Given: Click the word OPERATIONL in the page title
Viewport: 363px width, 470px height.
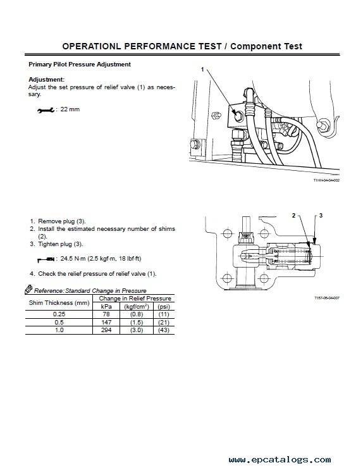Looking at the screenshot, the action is (x=92, y=46).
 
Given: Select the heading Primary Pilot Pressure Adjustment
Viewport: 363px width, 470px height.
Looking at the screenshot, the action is (x=80, y=64).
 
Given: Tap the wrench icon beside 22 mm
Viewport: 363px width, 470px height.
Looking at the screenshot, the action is (x=46, y=110).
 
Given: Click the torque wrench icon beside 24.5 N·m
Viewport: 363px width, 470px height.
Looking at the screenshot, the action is (x=46, y=259).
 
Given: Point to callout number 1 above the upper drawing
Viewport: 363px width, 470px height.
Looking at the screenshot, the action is (x=202, y=70).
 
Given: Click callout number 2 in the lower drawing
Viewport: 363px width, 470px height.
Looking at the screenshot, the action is (x=294, y=216).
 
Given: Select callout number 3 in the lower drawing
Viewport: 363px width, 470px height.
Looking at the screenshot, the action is (x=321, y=216).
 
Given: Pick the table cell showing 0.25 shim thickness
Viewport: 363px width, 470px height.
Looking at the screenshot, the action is (x=59, y=314).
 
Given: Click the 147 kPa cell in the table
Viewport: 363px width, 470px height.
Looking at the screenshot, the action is (x=106, y=322).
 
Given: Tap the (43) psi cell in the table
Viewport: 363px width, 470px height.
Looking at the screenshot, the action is (x=164, y=330).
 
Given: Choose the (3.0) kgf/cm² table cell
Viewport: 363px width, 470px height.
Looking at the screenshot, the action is (x=137, y=330).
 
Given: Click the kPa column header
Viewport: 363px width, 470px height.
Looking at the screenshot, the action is (x=106, y=306).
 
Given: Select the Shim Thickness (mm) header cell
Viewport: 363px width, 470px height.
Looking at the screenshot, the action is (x=59, y=303).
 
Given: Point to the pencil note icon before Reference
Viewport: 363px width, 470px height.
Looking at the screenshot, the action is (x=28, y=289).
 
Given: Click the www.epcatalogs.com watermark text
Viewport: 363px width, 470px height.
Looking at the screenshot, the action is (x=280, y=459).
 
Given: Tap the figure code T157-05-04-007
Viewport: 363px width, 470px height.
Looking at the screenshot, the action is (x=327, y=298).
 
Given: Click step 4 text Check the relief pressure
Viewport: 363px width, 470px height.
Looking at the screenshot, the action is (x=97, y=274).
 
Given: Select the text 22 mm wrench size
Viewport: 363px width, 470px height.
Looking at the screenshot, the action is (x=70, y=109).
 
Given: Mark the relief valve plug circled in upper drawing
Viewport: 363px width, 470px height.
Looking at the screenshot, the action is (x=238, y=116).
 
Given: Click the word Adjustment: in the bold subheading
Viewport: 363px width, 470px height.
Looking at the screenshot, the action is (x=46, y=80).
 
